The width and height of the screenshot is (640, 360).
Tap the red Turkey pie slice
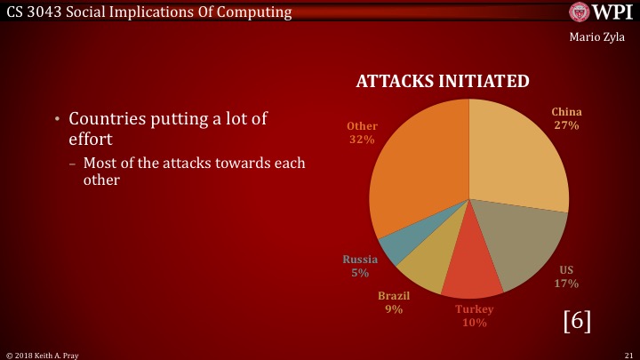pos(471,265)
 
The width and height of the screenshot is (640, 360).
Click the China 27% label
pos(566,118)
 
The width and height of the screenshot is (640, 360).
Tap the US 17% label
pos(566,276)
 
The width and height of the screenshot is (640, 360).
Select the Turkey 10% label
pos(475,316)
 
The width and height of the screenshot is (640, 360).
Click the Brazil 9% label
pos(394,302)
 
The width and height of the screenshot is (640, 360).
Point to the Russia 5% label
pos(360,266)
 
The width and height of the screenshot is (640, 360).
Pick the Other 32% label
pos(362,132)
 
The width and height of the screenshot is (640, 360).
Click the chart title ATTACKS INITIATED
pos(443,81)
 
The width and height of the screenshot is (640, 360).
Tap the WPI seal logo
pos(580,12)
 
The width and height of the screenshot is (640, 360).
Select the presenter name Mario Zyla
pos(596,37)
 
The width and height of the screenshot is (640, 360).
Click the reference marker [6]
pos(577,321)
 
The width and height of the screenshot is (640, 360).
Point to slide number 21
pos(629,355)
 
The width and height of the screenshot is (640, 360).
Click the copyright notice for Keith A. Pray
pos(43,356)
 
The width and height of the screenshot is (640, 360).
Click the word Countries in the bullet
pos(108,119)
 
